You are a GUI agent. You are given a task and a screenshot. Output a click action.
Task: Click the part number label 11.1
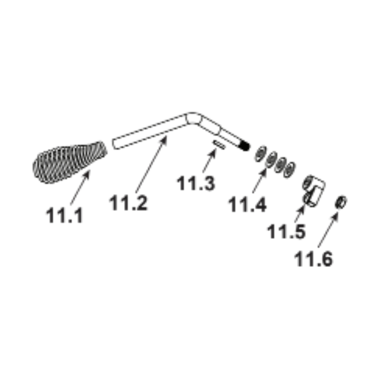pos(64,215)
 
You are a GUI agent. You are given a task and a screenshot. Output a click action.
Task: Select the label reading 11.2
pos(128,203)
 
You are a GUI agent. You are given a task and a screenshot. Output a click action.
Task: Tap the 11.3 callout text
pos(196,183)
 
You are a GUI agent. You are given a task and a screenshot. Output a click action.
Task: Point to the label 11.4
pos(248,204)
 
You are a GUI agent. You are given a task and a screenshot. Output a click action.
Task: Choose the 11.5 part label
pos(286,231)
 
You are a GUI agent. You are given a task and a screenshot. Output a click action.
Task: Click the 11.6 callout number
pos(314,259)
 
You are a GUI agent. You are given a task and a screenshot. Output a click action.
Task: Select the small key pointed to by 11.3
pos(219,145)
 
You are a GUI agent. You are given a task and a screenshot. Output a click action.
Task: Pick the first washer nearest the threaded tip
pos(260,154)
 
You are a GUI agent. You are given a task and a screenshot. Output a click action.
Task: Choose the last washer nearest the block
pos(289,169)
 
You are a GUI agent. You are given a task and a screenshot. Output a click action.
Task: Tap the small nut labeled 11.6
pos(341,202)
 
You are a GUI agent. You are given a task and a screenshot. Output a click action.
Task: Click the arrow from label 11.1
pos(80,187)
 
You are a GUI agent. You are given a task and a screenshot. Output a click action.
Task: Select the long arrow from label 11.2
pos(151,164)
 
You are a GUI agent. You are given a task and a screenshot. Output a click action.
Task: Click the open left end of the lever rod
pos(115,144)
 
